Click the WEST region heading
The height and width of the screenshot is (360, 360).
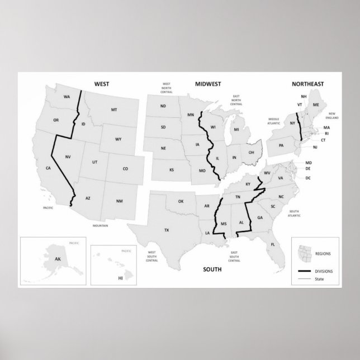coord(101,84)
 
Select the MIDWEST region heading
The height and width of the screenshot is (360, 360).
coord(208,84)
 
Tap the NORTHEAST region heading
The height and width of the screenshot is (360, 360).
coord(307,84)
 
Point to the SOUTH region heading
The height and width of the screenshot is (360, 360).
coord(212,269)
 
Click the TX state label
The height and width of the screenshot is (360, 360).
coord(167,230)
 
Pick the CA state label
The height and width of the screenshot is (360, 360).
coord(48,168)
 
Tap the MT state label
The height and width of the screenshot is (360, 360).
coord(114,110)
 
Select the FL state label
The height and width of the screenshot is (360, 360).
coord(273,245)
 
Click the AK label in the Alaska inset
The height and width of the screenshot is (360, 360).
coord(57,260)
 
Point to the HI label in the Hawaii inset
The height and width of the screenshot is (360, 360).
coord(120,277)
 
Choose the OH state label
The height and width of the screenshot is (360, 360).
coord(252,152)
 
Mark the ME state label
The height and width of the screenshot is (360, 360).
coord(316,105)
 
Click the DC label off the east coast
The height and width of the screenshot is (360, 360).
coord(308,178)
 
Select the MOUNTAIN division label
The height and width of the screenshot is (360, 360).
coord(101,225)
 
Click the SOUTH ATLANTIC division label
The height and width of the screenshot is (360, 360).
coord(295,213)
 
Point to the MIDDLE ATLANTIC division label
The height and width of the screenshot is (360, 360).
coord(273,121)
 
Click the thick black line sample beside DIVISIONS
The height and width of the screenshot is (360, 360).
coord(305,271)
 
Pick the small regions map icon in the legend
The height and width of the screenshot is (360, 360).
coord(305,253)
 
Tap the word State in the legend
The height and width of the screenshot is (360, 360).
coord(319,278)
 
